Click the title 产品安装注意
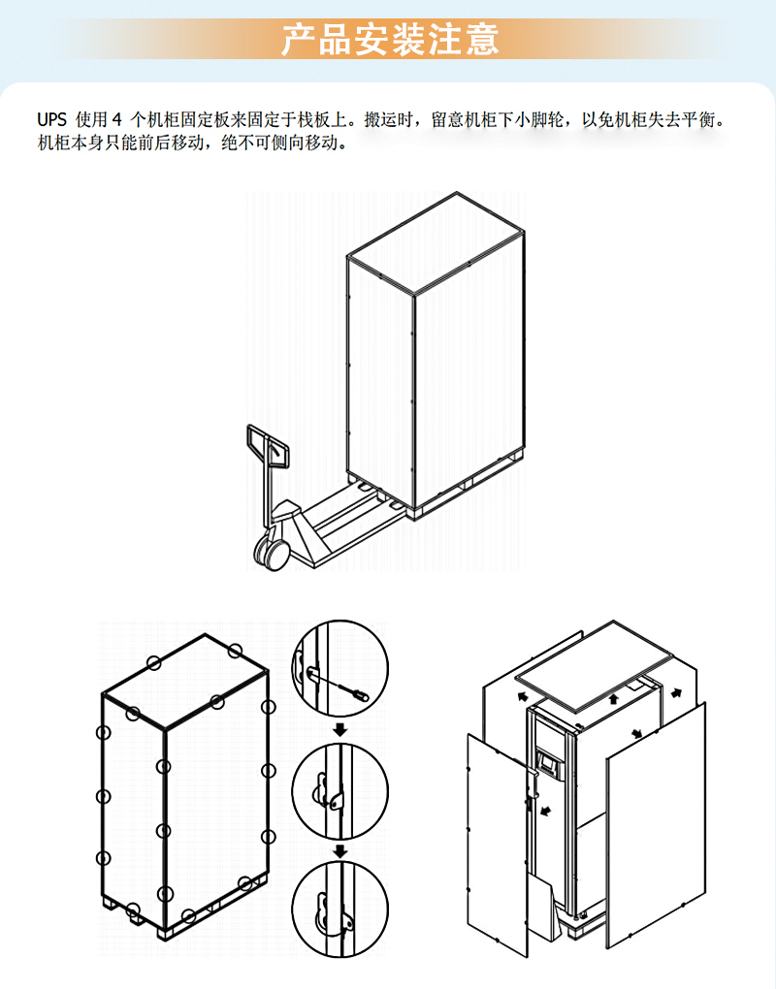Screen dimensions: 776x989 [390, 39]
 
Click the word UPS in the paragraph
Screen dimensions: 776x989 [51, 119]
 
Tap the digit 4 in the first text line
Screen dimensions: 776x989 [116, 119]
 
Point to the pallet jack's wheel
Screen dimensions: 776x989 [272, 552]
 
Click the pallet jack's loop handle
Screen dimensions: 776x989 [268, 446]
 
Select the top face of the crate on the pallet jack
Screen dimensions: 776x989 [436, 243]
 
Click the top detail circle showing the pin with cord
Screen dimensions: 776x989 [340, 668]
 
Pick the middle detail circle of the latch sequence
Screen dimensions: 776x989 [340, 791]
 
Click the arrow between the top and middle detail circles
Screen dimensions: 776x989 [340, 730]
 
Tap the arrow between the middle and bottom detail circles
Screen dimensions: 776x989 [340, 851]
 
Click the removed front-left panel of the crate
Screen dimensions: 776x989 [498, 845]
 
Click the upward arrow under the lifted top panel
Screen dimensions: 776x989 [613, 698]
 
